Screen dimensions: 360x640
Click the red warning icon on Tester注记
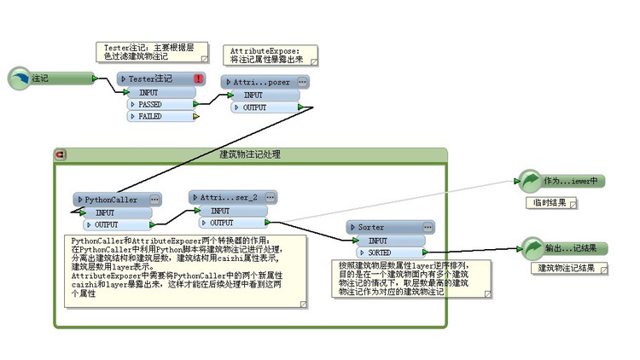pos(199,78)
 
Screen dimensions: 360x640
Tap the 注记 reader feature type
pos(51,78)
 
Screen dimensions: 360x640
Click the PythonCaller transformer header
pos(111,200)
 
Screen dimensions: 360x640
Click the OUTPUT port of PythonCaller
pos(111,224)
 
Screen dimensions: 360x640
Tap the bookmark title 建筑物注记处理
pos(250,154)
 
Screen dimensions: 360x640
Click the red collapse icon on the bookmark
pos(60,154)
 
